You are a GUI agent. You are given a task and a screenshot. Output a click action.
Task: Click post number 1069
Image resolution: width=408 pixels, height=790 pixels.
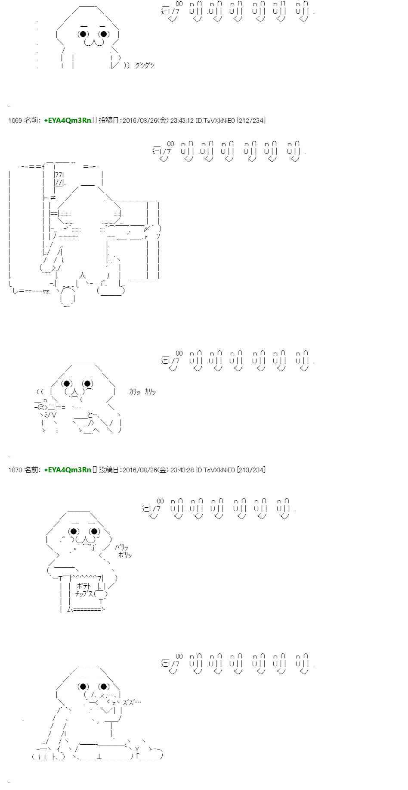point(15,121)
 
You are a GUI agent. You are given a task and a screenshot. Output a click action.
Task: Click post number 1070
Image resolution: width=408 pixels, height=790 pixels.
point(15,470)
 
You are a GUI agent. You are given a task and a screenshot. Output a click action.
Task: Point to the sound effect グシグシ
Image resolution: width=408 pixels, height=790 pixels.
point(144,66)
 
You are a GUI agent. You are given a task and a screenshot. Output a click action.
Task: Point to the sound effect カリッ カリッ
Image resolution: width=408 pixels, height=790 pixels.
point(142,392)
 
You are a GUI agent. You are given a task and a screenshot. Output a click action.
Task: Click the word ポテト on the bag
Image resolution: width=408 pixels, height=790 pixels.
point(84,586)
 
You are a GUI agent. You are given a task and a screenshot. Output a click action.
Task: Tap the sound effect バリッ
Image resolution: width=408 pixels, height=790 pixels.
point(121,547)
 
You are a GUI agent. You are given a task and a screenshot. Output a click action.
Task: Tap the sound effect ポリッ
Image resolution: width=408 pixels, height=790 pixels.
point(125,555)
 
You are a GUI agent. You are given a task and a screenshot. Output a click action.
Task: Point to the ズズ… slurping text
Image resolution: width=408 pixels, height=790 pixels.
point(132,702)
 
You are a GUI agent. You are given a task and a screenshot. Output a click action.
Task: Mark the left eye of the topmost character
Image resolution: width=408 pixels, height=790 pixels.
point(84,34)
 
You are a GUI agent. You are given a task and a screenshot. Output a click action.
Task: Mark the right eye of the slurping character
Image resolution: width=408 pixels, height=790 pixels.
point(104,687)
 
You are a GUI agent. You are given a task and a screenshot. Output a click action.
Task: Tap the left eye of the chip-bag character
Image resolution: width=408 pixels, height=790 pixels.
point(74,531)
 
